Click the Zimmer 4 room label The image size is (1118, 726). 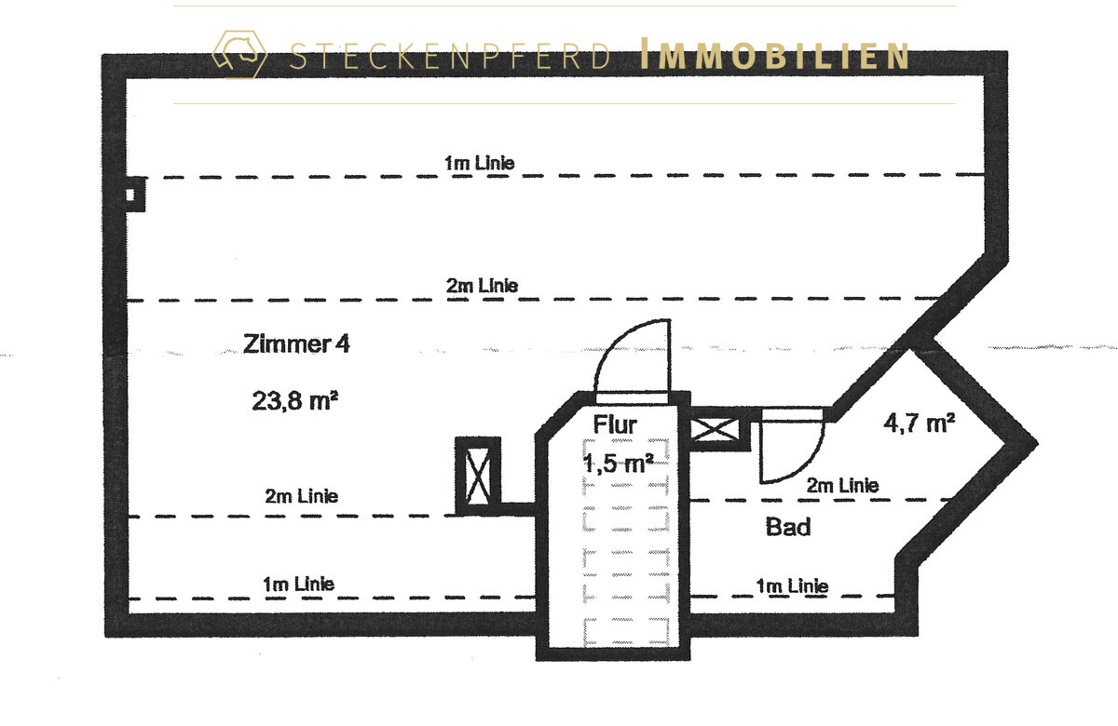coord(296,343)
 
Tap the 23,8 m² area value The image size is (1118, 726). coord(295,401)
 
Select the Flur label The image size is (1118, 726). coord(615,424)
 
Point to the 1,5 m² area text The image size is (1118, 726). coord(619,464)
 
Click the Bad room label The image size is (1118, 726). coord(788,527)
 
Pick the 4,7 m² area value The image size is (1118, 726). coord(920,423)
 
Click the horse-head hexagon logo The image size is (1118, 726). coord(239,54)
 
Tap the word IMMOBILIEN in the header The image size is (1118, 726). coord(774,54)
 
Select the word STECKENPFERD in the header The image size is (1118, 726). coord(450,56)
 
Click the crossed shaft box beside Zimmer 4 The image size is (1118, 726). coord(478,477)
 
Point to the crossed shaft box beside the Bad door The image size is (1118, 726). coord(715,429)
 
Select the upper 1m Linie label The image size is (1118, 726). coord(479,163)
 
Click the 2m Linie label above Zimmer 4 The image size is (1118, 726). coord(482,286)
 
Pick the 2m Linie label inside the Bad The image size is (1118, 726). coord(842,485)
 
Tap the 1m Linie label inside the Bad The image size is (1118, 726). coord(792,585)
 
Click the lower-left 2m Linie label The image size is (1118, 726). coord(302,496)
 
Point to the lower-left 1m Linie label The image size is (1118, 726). coord(298,584)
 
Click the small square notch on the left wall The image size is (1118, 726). coord(135,195)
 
